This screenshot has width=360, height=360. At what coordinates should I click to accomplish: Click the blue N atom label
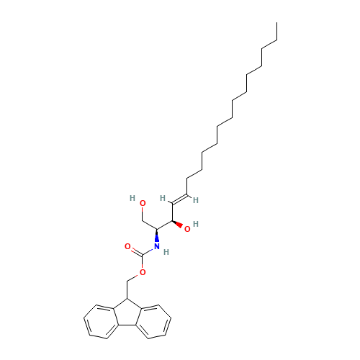pyautogui.click(x=156, y=247)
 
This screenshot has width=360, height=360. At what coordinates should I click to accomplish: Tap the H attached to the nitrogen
pyautogui.click(x=166, y=252)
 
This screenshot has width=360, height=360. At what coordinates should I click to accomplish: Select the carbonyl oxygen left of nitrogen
pyautogui.click(x=127, y=246)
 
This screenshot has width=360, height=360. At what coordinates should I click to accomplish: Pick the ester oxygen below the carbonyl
pyautogui.click(x=143, y=271)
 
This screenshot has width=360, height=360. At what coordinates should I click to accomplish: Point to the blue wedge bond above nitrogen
pyautogui.click(x=158, y=238)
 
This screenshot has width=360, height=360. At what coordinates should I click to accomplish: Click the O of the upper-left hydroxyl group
pyautogui.click(x=143, y=203)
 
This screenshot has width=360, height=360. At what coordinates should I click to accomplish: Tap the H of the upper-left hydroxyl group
pyautogui.click(x=132, y=197)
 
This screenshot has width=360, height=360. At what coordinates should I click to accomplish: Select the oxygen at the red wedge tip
pyautogui.click(x=186, y=229)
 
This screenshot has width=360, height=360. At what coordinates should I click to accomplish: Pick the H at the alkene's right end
pyautogui.click(x=196, y=199)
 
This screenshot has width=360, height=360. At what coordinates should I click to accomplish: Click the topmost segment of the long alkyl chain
pyautogui.click(x=269, y=45)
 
